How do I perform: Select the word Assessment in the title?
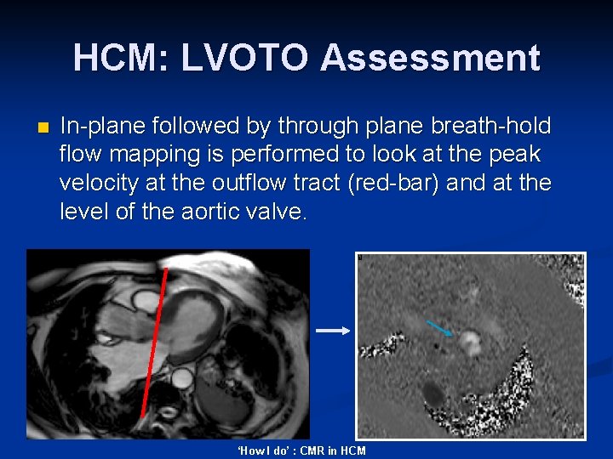click(430, 58)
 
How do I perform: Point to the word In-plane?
click(101, 127)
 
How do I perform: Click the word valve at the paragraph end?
click(274, 211)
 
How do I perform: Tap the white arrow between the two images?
click(333, 331)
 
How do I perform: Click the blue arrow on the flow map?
click(440, 329)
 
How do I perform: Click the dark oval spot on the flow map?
click(433, 393)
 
